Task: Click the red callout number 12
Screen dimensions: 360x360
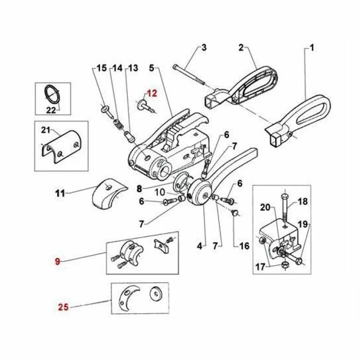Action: tap(152, 93)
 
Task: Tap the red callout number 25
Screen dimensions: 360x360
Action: tap(63, 307)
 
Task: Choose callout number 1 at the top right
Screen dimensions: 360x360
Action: tap(312, 48)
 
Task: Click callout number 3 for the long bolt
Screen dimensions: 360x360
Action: tap(204, 48)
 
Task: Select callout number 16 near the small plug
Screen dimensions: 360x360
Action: tap(244, 245)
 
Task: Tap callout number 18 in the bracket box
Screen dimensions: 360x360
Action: tap(302, 202)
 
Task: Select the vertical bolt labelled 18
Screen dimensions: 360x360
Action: tap(285, 209)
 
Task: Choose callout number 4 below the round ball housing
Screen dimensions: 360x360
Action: tap(199, 246)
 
